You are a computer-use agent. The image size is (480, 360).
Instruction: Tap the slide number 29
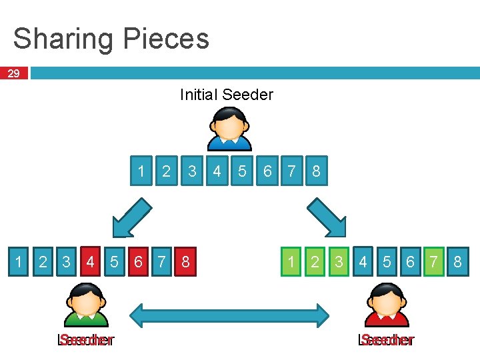pos(13,73)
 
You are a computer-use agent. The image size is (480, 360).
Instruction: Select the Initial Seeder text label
pos(227,95)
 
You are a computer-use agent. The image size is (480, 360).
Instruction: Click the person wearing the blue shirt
pos(230,129)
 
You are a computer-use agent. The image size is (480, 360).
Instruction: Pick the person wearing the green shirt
pos(85,304)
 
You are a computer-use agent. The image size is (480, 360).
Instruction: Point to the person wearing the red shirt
pos(387,304)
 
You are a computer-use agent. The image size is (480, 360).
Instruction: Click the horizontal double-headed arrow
pos(229,315)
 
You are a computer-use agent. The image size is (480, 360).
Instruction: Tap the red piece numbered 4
pos(90,262)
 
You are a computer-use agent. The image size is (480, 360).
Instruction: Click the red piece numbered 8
pos(185,262)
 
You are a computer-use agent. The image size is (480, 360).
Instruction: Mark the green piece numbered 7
pos(434,262)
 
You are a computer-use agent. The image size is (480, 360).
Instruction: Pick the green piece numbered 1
pos(291,262)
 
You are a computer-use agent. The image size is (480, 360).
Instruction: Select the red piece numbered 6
pos(138,262)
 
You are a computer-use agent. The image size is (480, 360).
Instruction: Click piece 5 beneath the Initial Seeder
pos(242,171)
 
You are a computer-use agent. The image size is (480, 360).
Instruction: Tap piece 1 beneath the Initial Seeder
pos(141,171)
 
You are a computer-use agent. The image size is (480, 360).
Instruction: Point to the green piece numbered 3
pos(339,262)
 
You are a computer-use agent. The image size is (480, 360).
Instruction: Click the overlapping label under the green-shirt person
pos(86,340)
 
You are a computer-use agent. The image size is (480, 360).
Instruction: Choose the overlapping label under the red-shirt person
pos(387,340)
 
